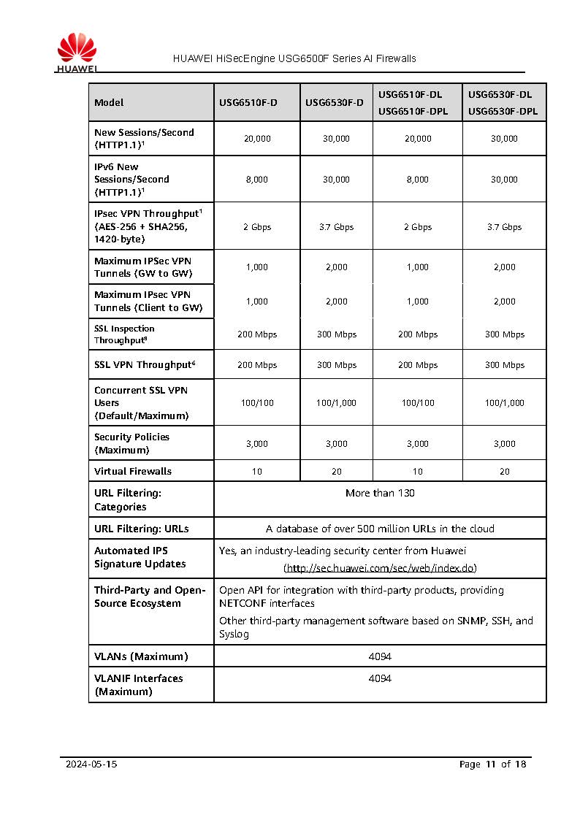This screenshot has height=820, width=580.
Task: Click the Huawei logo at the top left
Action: coord(77,52)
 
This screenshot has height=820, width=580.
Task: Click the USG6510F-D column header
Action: coord(248,103)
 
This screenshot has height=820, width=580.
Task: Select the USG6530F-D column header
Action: coord(335,103)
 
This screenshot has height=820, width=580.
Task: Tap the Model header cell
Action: coord(109,103)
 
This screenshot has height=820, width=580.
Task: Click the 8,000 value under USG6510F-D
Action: coord(256,180)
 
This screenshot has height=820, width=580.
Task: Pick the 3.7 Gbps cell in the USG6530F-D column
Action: coord(336,227)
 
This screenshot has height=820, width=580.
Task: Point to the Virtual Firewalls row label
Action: coord(133,472)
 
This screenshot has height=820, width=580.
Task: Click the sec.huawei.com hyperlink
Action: coord(380,568)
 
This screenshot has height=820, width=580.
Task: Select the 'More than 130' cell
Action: coord(380,494)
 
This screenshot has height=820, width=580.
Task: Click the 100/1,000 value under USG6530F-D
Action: coord(336,403)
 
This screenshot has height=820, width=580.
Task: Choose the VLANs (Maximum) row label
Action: coord(141,656)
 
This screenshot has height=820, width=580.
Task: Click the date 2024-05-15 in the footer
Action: coord(91,765)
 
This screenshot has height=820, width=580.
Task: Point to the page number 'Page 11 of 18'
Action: coord(492,765)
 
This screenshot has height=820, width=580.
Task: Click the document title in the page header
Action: coord(294,58)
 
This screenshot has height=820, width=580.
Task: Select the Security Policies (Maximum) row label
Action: coord(131,443)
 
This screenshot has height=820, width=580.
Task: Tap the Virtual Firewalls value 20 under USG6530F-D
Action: coord(336,472)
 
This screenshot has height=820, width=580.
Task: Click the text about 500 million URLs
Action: coord(380,529)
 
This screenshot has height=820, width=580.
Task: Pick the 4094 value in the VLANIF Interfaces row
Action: coord(380,678)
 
